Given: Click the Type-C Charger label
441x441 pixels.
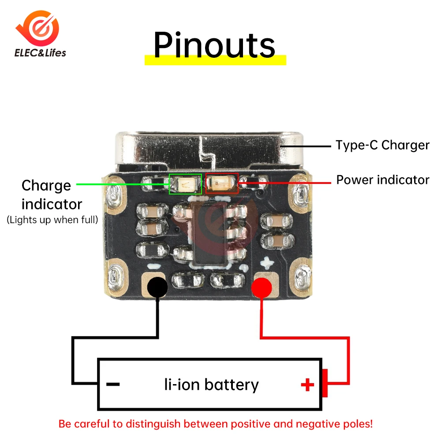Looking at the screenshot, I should pyautogui.click(x=382, y=145).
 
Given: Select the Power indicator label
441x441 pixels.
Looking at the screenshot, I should pyautogui.click(x=382, y=180).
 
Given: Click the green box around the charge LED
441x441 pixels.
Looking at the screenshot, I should pyautogui.click(x=186, y=184).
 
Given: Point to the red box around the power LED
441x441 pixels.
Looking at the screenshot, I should pyautogui.click(x=222, y=183).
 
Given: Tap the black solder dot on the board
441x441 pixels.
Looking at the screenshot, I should pyautogui.click(x=157, y=288).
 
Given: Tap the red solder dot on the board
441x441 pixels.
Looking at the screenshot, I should pyautogui.click(x=262, y=288).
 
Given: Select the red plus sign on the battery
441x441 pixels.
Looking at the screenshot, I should pyautogui.click(x=307, y=385).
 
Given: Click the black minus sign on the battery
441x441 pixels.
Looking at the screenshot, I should pyautogui.click(x=113, y=385).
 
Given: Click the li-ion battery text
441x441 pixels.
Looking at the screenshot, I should pyautogui.click(x=211, y=385).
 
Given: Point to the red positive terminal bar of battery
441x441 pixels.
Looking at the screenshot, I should pyautogui.click(x=325, y=383).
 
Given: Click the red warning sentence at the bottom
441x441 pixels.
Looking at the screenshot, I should pyautogui.click(x=216, y=424).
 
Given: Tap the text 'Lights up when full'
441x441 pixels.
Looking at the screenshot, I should pyautogui.click(x=52, y=220).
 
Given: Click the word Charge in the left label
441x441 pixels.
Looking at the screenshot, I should pyautogui.click(x=46, y=185).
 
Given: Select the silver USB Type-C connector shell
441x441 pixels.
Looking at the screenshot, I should pyautogui.click(x=207, y=150).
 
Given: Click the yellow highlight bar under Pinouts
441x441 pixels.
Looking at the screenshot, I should pyautogui.click(x=215, y=60).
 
